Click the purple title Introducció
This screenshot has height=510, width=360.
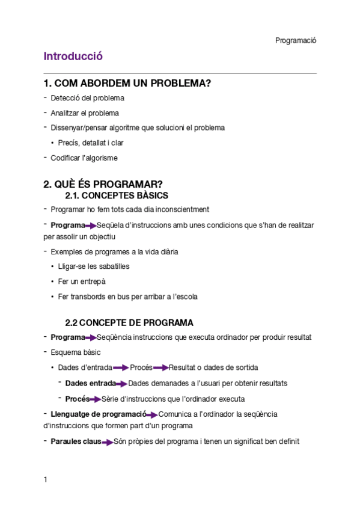73,57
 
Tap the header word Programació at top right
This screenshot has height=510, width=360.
296,40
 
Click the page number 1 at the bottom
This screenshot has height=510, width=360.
46,479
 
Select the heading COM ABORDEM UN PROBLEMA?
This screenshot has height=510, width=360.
127,83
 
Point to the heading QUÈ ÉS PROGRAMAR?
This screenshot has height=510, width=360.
103,184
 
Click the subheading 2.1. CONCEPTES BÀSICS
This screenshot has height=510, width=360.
116,195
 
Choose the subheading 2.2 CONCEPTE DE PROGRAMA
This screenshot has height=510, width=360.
129,322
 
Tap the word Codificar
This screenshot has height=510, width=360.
66,158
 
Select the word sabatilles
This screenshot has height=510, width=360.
112,266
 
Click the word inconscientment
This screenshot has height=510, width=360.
180,209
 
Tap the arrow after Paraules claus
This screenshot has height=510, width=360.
108,442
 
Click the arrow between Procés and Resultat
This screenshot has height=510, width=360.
160,368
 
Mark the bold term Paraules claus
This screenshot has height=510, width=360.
76,441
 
